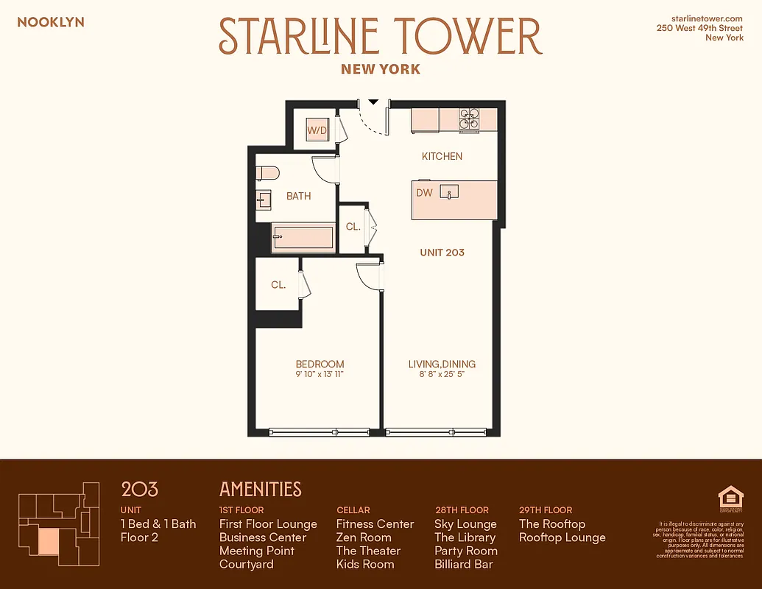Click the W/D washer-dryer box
pos(317,130)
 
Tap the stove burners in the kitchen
pos(469,119)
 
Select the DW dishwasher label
pos(424,193)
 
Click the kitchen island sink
pos(449,192)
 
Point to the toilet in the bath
pos(268,173)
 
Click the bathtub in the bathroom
pos(303,238)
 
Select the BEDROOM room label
pos(320,364)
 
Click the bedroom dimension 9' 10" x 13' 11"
pos(320,375)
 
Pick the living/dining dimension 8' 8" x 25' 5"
pos(442,375)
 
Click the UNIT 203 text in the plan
pos(442,253)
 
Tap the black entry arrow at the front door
pos(373,102)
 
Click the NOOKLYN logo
pos(51,22)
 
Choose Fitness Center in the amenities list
pos(375,524)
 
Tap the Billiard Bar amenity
pos(463,564)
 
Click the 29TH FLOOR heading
pos(545,509)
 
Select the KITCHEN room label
pos(442,156)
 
